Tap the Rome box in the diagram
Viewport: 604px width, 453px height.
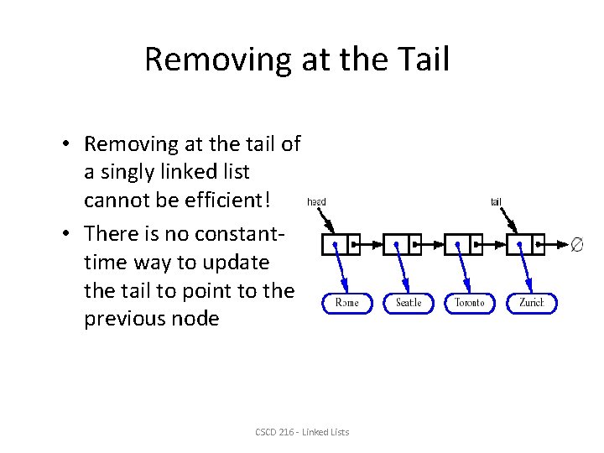click(346, 302)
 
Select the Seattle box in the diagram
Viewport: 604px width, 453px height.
click(409, 302)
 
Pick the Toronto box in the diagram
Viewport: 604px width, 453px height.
click(470, 302)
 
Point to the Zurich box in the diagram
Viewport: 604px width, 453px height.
click(531, 302)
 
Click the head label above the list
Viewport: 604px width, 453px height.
click(316, 201)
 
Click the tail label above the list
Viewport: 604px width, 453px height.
click(497, 201)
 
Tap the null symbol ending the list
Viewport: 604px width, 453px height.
click(576, 245)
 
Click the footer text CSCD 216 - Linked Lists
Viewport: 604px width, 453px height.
click(302, 432)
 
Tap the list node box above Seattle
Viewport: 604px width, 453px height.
click(402, 244)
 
